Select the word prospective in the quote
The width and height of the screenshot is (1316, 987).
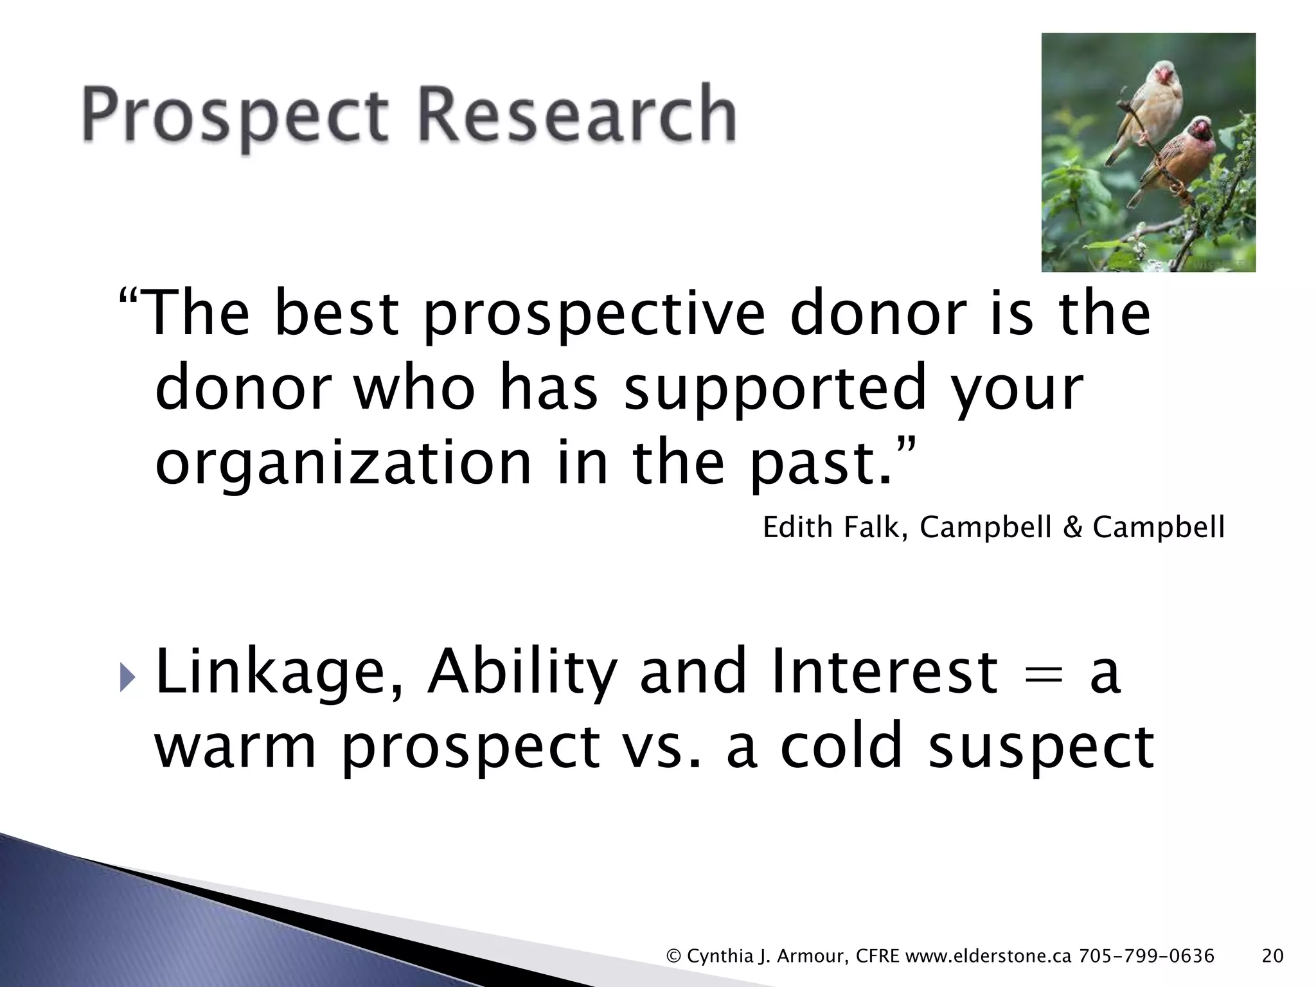pos(594,315)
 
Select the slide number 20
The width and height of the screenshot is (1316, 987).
pos(1272,956)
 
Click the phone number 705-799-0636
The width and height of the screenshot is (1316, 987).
pos(1147,956)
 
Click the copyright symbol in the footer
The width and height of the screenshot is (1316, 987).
pos(674,956)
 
